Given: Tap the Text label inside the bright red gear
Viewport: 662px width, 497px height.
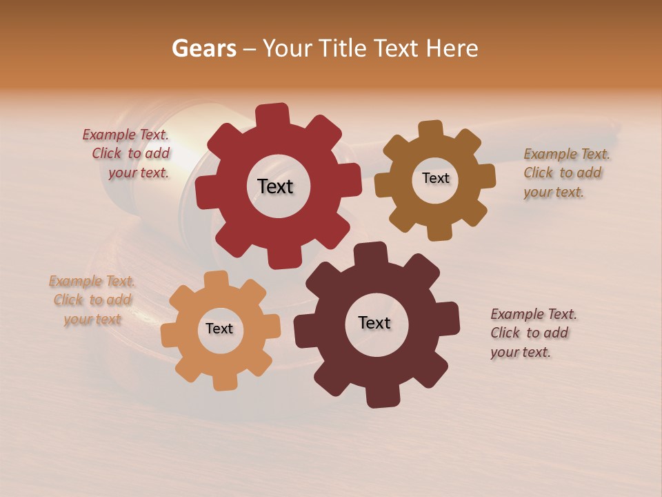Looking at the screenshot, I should (275, 186).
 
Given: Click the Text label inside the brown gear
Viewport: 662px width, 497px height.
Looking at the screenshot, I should (435, 178).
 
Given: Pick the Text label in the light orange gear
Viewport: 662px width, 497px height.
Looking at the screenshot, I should (219, 329).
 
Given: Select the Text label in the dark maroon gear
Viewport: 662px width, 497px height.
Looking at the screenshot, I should (374, 322).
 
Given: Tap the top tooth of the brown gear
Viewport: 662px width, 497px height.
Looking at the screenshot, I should (430, 129).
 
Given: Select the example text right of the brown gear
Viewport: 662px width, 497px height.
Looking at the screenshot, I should (565, 173).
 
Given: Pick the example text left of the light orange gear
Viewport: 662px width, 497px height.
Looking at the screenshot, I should (92, 300).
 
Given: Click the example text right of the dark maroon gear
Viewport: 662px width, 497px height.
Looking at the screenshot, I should (532, 333).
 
